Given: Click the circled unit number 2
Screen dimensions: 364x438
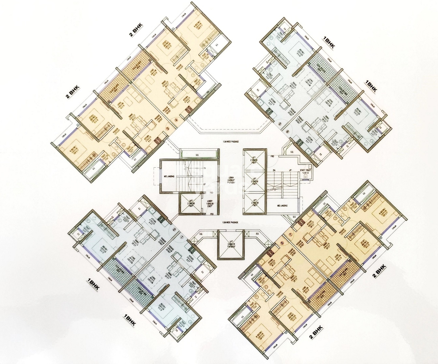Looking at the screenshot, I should coord(174,229).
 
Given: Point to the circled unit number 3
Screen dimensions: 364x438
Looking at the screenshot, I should coord(168,129).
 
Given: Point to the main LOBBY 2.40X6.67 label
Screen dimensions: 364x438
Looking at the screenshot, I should coord(231,180).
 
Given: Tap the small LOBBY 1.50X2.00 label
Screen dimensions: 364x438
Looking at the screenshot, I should coord(210,204).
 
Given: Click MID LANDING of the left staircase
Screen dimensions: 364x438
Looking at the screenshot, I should coord(169,176).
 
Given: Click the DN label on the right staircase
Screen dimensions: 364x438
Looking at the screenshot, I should coord(274,170).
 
